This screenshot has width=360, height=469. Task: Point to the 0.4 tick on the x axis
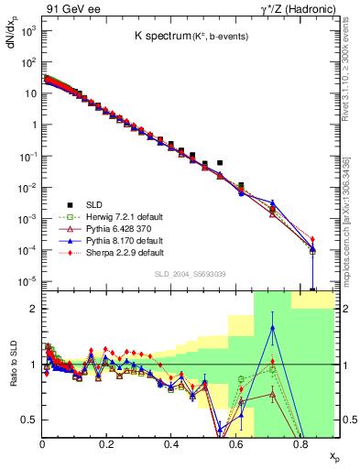point(171,444)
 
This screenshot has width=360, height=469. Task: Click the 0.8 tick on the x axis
point(300,444)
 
